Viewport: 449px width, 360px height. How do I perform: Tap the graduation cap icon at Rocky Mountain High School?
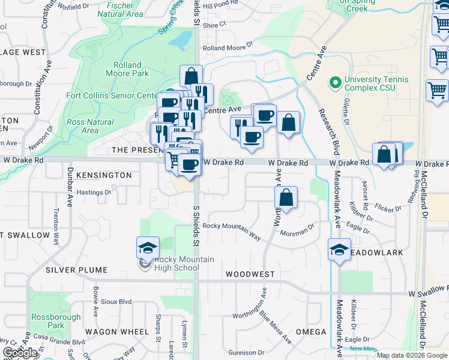(x=147, y=248)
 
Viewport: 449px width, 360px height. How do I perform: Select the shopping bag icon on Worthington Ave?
(x=286, y=197)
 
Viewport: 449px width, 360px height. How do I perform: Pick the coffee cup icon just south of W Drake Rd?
(x=190, y=165)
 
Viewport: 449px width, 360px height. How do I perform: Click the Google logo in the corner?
(x=20, y=353)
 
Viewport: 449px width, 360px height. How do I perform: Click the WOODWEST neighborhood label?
(x=250, y=274)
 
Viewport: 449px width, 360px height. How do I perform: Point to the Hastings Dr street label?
(x=94, y=193)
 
